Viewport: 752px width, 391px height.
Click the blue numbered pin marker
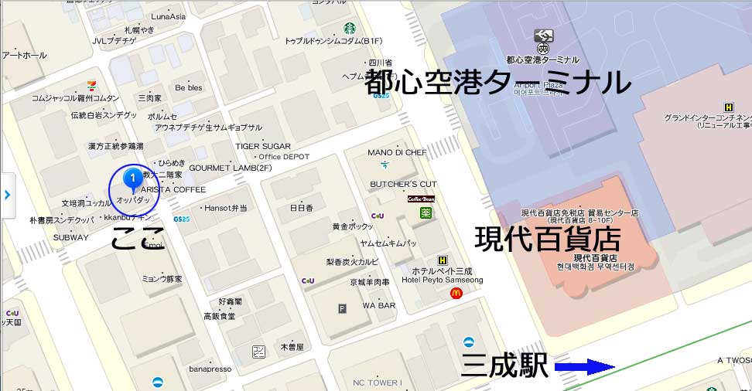point(133,179)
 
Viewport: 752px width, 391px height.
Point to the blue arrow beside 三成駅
point(584,367)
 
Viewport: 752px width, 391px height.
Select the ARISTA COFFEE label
point(173,189)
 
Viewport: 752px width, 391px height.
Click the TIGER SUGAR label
point(263,146)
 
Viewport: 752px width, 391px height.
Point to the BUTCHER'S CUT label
point(403,184)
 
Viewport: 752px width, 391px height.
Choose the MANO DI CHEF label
point(397,153)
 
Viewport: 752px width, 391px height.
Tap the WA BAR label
point(379,306)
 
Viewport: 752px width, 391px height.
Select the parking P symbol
point(342,309)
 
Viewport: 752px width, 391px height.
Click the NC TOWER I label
point(377,382)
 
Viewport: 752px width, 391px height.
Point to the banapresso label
point(210,369)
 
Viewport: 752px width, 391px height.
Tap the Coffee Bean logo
point(422,199)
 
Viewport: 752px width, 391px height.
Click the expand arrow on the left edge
point(7,194)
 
